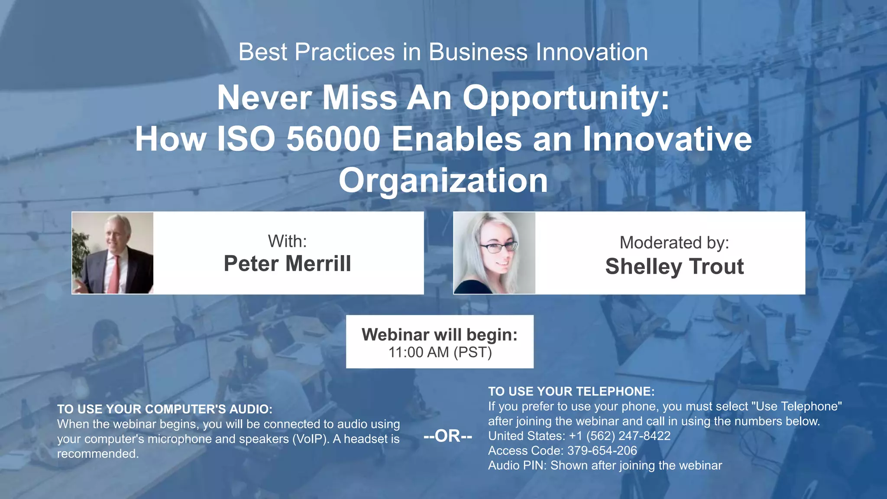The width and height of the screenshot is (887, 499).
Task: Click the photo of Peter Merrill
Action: (x=113, y=253)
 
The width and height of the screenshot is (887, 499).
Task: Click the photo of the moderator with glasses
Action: (x=494, y=253)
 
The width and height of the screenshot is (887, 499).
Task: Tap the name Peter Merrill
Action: (x=287, y=263)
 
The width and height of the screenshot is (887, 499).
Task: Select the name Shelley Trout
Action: (x=674, y=266)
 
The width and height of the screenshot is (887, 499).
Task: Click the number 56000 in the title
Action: (x=333, y=139)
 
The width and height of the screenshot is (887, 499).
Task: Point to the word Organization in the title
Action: (x=443, y=180)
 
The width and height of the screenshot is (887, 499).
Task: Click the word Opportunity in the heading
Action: (x=566, y=98)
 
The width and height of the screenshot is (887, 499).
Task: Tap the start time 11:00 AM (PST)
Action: (x=440, y=353)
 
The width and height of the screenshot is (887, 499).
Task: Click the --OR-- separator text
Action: (x=448, y=436)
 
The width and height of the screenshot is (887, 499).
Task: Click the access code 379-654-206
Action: (x=602, y=450)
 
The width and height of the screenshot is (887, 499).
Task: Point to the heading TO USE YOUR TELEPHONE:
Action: (x=571, y=392)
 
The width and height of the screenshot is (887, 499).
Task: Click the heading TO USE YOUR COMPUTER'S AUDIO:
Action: (x=165, y=409)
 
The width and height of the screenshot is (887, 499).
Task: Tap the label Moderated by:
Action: (x=674, y=243)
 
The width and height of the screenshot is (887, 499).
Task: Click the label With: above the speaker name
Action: (x=287, y=241)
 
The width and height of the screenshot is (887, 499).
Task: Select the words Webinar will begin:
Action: (x=440, y=335)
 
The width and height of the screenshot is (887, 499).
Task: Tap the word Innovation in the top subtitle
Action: (x=592, y=52)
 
